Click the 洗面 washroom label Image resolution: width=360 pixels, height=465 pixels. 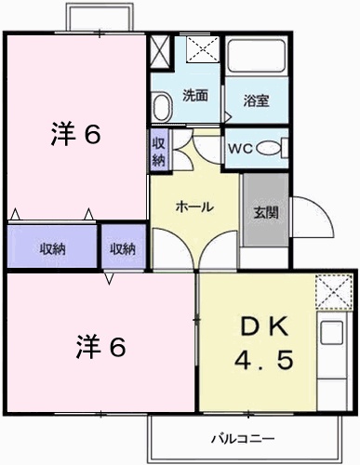[195, 96]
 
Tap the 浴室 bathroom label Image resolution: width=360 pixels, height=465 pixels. [256, 100]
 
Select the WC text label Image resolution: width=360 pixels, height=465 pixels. [241, 149]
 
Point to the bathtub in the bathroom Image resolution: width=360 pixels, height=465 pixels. [256, 55]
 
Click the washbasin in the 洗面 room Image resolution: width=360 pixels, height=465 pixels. [162, 106]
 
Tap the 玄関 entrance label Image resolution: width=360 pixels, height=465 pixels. [266, 213]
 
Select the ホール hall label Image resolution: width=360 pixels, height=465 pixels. [194, 206]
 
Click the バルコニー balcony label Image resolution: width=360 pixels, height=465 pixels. [243, 439]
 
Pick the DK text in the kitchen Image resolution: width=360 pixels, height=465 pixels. [264, 326]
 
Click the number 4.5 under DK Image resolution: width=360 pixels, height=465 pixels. [264, 360]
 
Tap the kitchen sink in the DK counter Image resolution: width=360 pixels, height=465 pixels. [331, 333]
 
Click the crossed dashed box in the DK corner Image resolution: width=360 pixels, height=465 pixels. [334, 292]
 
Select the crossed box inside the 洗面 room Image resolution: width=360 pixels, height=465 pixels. [203, 49]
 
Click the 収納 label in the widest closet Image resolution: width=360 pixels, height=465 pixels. [52, 248]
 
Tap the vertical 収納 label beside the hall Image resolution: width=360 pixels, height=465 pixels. [159, 152]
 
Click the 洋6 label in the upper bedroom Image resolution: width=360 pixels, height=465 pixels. [76, 135]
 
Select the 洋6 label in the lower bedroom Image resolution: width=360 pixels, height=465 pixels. [101, 347]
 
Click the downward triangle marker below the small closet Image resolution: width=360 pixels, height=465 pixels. [109, 279]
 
